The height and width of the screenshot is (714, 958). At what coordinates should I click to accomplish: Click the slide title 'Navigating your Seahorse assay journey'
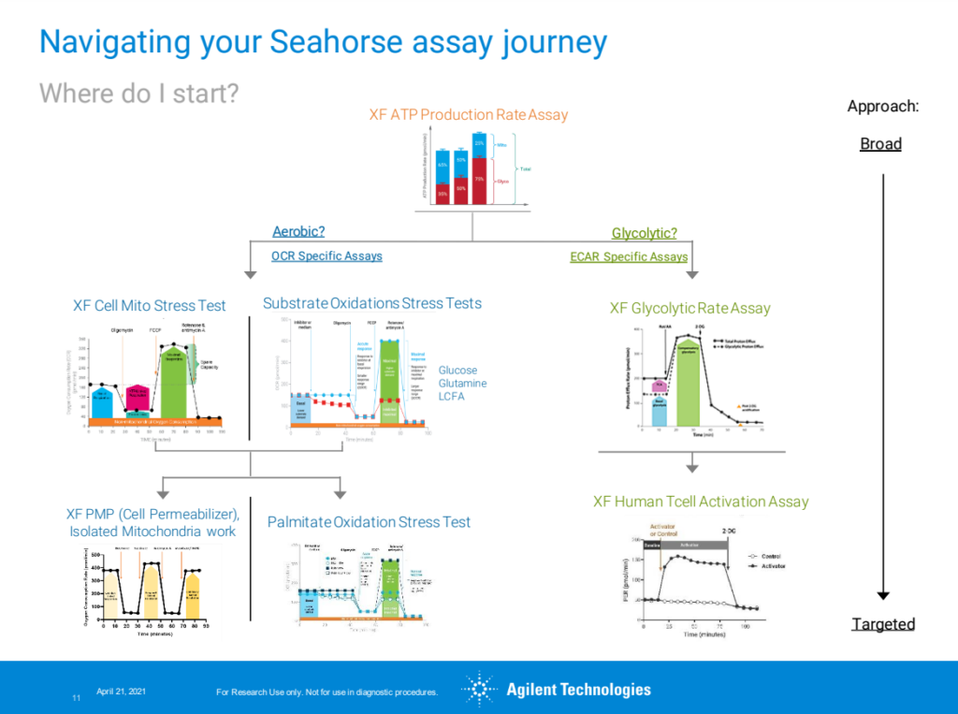[x=323, y=42]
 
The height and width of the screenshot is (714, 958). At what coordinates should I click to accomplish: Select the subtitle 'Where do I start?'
[x=138, y=94]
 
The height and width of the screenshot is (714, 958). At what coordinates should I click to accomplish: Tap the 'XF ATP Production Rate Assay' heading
[x=468, y=115]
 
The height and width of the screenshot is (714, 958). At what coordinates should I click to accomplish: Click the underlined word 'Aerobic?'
[x=298, y=232]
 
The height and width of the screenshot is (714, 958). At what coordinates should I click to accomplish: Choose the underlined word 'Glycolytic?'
[x=644, y=233]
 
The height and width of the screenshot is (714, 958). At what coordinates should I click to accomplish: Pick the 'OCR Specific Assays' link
[x=327, y=255]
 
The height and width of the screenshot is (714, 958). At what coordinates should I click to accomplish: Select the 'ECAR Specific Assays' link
[x=629, y=256]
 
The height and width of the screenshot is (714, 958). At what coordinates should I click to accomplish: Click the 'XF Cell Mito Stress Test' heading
[x=150, y=306]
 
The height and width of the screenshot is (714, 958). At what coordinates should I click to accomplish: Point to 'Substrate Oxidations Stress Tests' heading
[x=372, y=303]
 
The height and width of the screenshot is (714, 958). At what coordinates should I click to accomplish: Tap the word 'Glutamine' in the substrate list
[x=462, y=384]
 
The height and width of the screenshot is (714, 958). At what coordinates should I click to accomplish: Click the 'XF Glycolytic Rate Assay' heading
[x=690, y=308]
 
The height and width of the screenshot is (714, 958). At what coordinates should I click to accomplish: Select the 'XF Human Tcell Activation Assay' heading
[x=701, y=502]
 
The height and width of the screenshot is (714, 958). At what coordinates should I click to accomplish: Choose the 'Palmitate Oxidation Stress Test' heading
[x=369, y=522]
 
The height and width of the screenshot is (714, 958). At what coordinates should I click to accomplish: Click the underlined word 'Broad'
[x=880, y=144]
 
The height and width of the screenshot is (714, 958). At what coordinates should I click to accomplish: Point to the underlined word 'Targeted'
[x=883, y=624]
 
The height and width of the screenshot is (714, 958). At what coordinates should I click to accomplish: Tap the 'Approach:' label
[x=883, y=106]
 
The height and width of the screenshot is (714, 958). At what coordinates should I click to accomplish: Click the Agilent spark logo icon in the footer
[x=479, y=690]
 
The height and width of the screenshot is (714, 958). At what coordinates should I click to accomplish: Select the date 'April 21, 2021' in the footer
[x=121, y=691]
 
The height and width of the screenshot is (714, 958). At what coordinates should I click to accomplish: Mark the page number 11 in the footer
[x=76, y=698]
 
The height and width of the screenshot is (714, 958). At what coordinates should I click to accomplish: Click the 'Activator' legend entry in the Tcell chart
[x=772, y=566]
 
